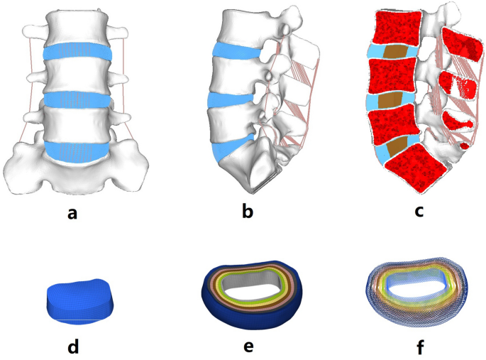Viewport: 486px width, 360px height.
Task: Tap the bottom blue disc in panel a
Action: [77, 150]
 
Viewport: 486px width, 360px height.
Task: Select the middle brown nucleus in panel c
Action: [390, 99]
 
